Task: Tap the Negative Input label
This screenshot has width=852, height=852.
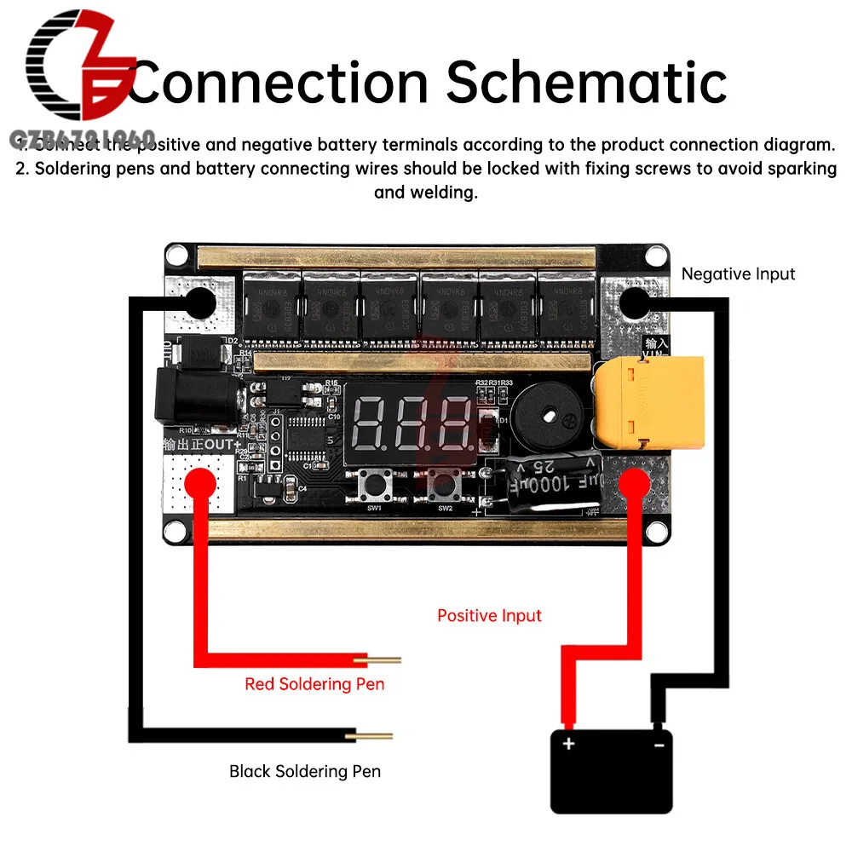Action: point(738,274)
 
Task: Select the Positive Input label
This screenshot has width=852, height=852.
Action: point(489,615)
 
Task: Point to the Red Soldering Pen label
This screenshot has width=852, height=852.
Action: point(314,684)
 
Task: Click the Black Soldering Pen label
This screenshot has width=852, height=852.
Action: point(305,772)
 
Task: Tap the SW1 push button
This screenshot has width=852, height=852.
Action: point(374,488)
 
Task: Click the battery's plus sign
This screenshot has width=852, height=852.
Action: point(568,744)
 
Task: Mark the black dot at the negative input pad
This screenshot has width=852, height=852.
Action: point(635,303)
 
